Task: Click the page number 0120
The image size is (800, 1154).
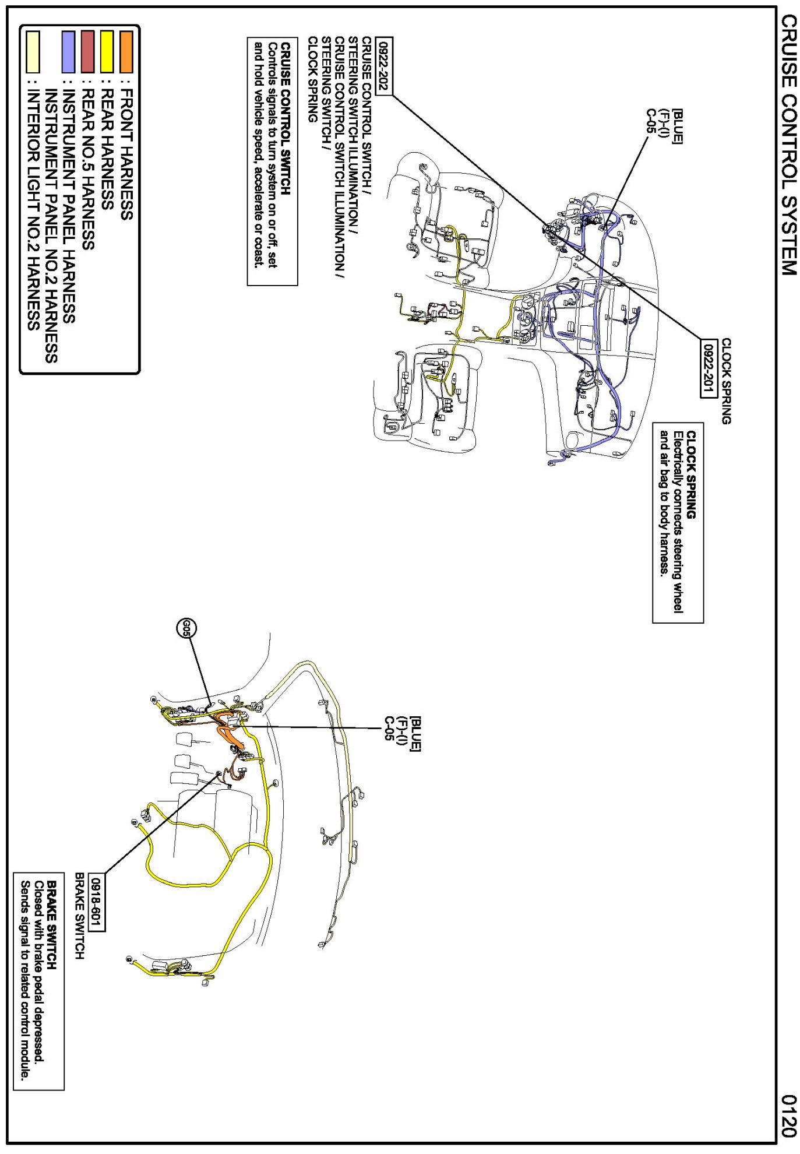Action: [788, 1116]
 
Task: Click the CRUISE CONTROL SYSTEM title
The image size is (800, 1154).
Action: [788, 145]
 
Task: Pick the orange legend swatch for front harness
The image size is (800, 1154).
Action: [126, 52]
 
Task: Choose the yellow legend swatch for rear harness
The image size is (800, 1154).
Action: [107, 52]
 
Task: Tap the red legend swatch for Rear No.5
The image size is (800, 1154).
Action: [87, 52]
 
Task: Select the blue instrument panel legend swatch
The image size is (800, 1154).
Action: [68, 52]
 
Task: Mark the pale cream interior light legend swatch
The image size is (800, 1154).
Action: [33, 52]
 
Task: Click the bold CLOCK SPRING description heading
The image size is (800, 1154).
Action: [691, 474]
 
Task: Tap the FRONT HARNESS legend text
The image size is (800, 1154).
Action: [126, 154]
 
